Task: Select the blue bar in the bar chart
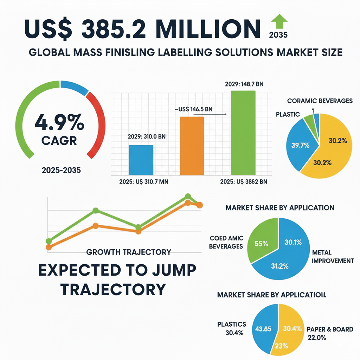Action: tap(141, 160)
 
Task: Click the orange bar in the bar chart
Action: tap(192, 146)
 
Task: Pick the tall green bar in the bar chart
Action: tap(243, 133)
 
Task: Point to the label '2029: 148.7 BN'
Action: tap(243, 85)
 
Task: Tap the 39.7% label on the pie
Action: tap(298, 145)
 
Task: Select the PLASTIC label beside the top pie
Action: tap(288, 114)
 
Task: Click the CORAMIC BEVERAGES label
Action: tap(320, 101)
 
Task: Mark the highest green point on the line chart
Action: tap(188, 196)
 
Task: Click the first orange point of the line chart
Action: tap(49, 247)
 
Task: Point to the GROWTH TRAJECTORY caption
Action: tap(128, 252)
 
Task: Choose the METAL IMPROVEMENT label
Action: tap(333, 257)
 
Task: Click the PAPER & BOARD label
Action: tap(329, 329)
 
